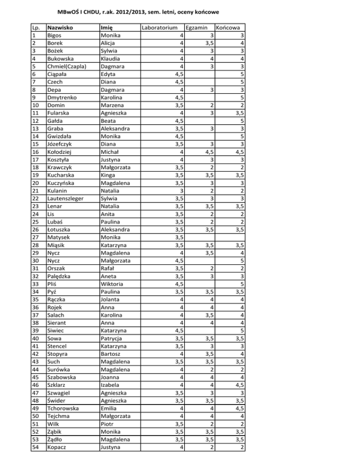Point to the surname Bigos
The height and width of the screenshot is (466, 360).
[56, 35]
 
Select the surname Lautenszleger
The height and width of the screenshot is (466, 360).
[66, 198]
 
